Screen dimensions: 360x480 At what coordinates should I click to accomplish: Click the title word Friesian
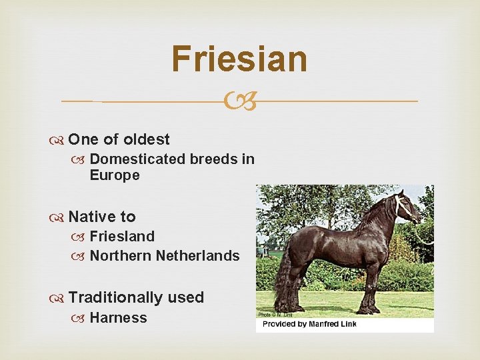tap(239, 59)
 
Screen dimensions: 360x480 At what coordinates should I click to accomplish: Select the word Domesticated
tap(137, 159)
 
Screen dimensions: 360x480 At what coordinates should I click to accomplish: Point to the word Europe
tap(115, 175)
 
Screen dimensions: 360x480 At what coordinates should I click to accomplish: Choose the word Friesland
tap(122, 237)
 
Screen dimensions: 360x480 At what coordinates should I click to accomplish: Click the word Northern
tap(120, 256)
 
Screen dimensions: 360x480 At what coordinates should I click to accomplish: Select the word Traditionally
tap(115, 297)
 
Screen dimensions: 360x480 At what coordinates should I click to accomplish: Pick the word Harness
tap(118, 318)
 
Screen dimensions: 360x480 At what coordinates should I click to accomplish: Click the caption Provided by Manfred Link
tap(309, 324)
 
